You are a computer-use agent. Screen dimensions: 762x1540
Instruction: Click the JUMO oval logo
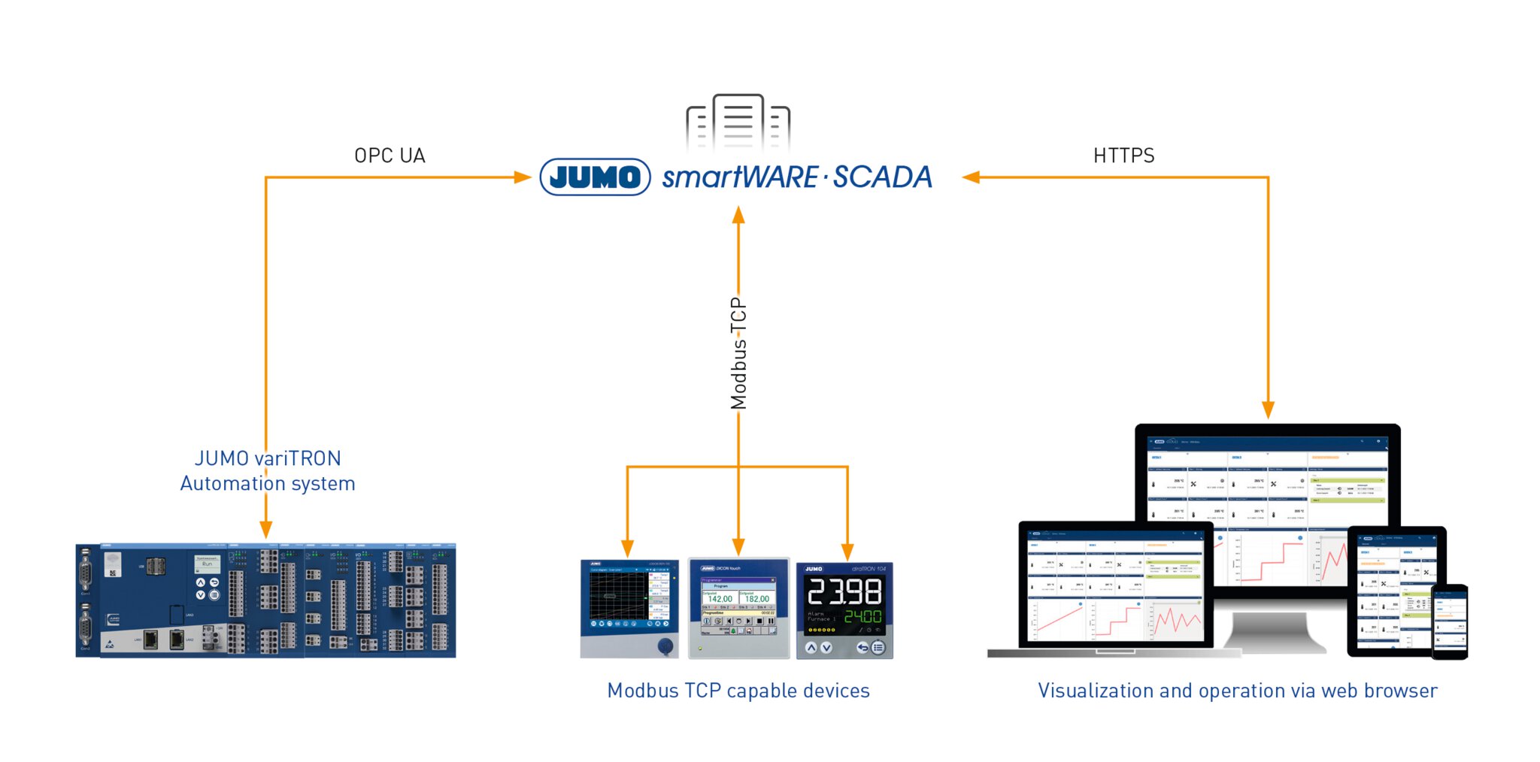[x=595, y=177]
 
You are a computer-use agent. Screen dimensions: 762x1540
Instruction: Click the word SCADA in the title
[x=882, y=177]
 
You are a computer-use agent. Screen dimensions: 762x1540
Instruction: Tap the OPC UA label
[x=390, y=156]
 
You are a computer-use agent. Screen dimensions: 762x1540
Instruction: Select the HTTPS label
[x=1123, y=156]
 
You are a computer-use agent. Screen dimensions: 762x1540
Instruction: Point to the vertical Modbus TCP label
[x=738, y=353]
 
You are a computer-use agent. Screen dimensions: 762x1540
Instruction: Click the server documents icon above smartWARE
[x=738, y=122]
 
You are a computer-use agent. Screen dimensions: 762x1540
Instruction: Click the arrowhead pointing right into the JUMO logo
[x=523, y=177]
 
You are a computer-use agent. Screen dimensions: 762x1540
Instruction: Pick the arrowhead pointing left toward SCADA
[x=971, y=177]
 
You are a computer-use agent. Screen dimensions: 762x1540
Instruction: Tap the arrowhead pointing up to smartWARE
[x=738, y=215]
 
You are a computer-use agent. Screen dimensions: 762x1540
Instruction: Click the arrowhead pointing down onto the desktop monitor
[x=1268, y=410]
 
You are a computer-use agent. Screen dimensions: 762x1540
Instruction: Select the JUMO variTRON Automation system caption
[x=268, y=471]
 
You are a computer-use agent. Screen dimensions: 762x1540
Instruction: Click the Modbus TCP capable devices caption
[x=738, y=691]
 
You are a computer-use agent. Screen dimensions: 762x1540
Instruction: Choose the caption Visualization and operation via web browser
[x=1237, y=691]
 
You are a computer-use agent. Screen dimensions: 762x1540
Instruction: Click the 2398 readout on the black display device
[x=844, y=592]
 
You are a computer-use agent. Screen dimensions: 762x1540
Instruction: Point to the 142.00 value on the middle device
[x=719, y=599]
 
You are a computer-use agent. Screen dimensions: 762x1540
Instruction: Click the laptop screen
[x=1114, y=586]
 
